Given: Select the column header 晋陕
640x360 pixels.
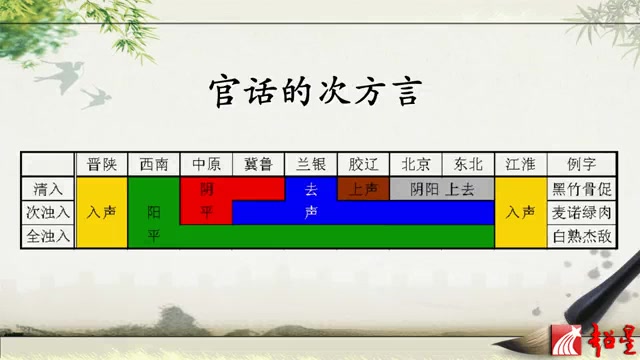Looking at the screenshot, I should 102,164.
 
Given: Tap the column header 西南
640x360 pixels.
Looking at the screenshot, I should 154,164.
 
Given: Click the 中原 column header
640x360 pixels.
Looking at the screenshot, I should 206,164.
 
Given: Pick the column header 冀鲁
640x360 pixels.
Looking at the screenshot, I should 258,164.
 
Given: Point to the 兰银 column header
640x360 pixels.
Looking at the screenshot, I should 311,164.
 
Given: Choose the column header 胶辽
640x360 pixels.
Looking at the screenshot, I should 363,164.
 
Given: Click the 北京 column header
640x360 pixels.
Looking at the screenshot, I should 415,164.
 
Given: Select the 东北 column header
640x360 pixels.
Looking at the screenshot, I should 467,164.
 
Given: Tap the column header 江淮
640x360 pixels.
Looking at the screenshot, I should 520,164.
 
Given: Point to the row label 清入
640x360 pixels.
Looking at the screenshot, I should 49,188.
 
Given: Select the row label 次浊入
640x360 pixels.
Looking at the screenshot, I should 49,212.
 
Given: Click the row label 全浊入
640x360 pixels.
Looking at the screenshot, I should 49,236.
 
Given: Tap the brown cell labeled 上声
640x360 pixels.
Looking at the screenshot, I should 363,188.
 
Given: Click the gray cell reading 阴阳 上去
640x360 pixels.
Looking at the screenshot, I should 441,188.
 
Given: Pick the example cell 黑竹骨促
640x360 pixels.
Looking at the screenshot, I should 581,188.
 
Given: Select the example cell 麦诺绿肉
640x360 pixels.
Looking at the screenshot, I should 581,212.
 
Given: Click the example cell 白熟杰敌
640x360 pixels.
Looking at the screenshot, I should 581,236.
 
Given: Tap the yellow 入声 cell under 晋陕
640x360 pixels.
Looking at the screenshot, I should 102,212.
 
